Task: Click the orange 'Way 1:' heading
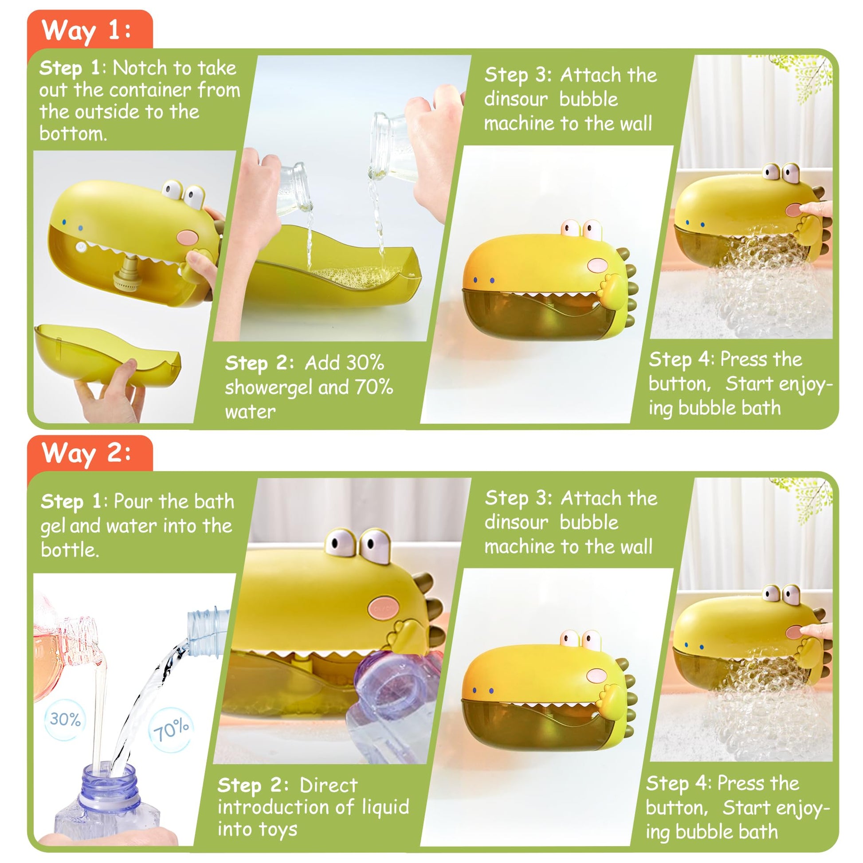86,30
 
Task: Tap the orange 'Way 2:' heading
86,453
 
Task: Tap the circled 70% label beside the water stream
171,730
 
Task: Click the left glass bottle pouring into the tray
293,188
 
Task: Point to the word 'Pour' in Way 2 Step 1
133,501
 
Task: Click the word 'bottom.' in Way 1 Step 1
73,133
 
